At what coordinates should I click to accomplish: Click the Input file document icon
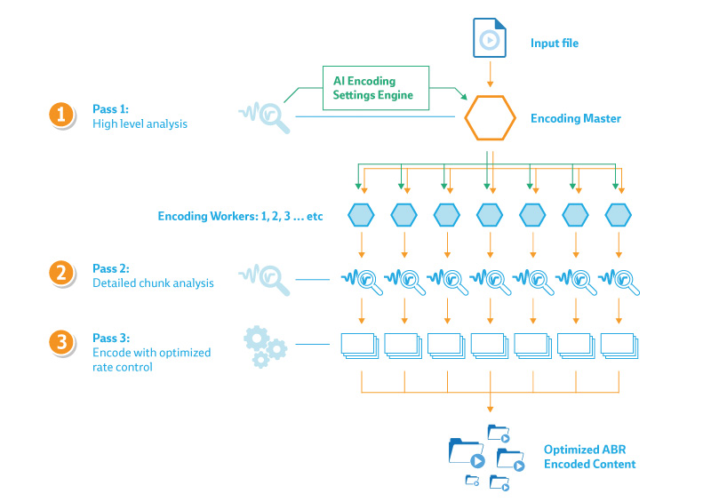coord(490,37)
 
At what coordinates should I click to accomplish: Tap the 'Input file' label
coord(555,43)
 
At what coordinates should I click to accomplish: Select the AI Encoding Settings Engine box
coord(376,88)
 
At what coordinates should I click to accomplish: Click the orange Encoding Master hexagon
coord(491,118)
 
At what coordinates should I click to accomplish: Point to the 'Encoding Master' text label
coord(576,118)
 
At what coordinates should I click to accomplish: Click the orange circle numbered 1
coord(61,115)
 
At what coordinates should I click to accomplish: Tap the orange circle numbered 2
coord(61,274)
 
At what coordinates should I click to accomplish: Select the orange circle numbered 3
coord(61,342)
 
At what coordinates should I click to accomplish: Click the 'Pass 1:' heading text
coord(110,108)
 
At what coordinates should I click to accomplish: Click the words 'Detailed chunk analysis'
coord(153,283)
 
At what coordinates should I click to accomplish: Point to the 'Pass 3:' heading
coord(111,338)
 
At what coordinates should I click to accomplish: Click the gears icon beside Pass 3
coord(265,347)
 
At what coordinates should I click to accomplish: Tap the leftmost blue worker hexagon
coord(361,215)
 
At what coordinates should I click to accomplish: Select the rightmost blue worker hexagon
coord(619,215)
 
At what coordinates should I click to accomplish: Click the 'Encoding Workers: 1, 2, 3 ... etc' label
coord(240,216)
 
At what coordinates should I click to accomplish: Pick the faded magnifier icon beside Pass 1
coord(265,117)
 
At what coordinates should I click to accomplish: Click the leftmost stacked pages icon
coord(360,347)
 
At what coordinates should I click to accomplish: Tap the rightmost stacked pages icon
coord(619,347)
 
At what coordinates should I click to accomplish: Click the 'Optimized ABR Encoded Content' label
coord(589,457)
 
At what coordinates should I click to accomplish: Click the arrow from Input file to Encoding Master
coord(490,74)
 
